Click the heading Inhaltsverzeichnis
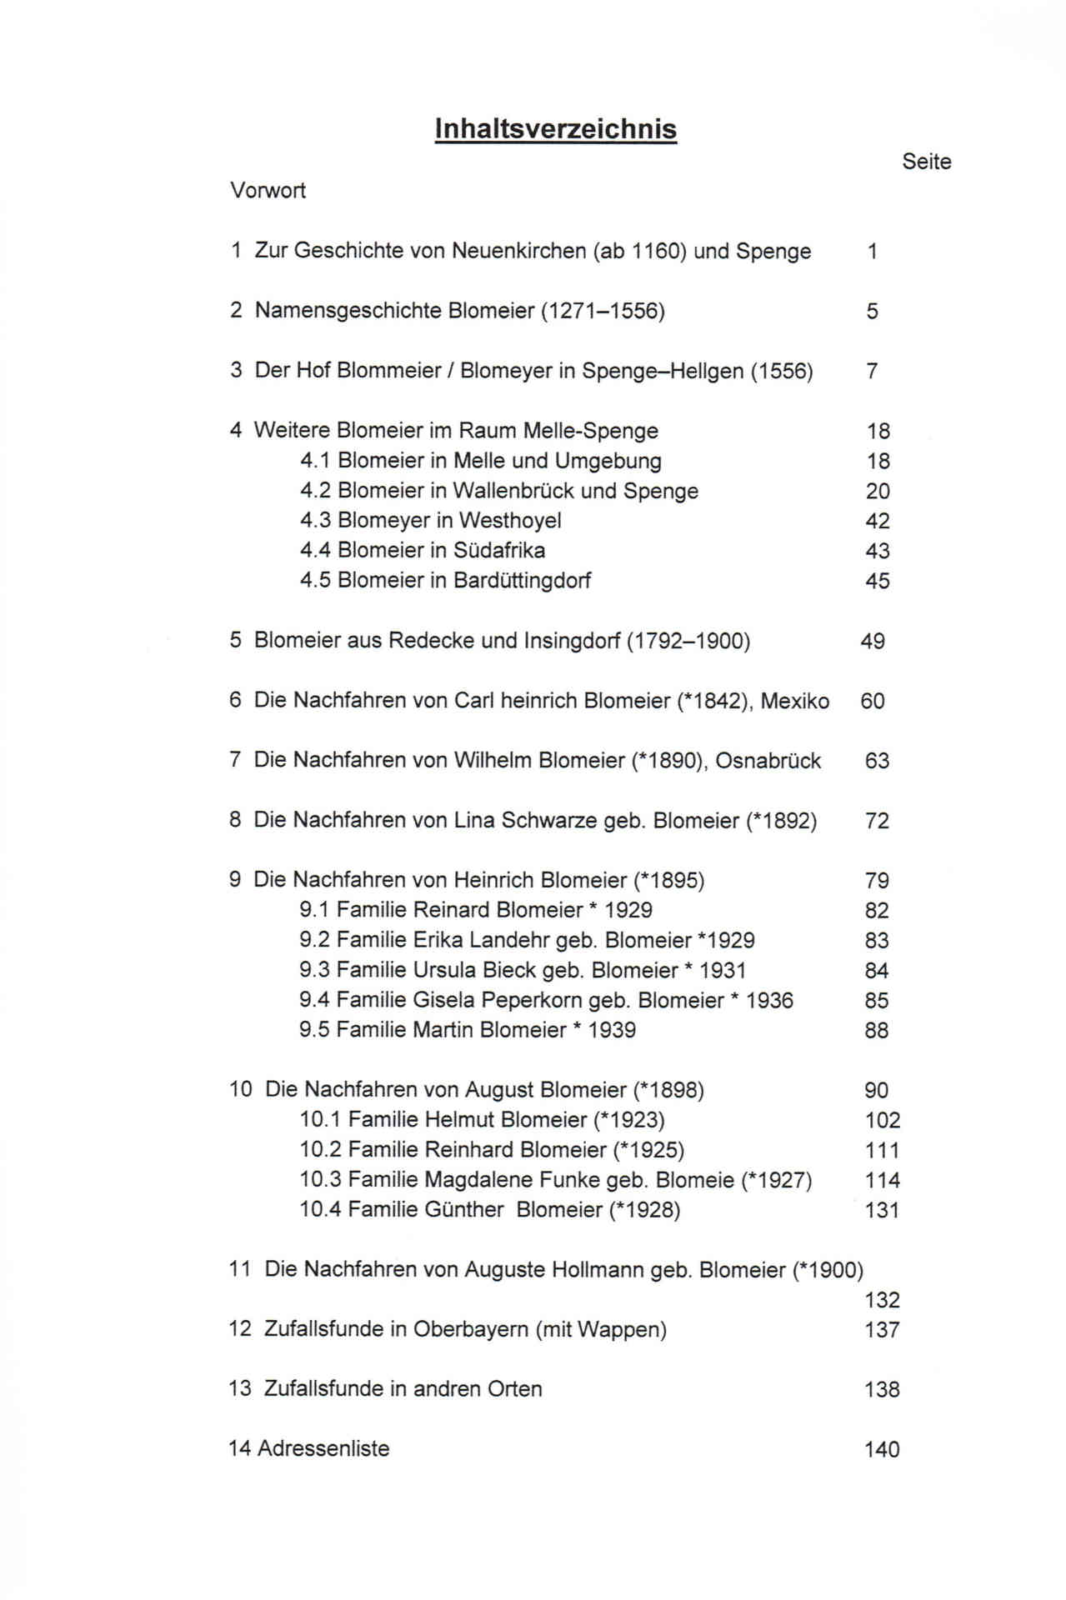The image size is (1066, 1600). (x=555, y=129)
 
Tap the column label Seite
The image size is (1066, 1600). (x=926, y=162)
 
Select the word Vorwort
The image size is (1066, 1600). (x=268, y=191)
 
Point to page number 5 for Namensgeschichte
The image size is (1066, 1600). (x=872, y=312)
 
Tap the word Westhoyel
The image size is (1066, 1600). (x=510, y=521)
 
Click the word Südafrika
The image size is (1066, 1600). (x=499, y=551)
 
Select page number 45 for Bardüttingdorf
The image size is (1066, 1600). (x=877, y=581)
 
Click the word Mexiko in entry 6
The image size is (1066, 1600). (x=794, y=701)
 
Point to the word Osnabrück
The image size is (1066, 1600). (x=768, y=761)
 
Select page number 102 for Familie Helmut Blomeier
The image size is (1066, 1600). (x=882, y=1121)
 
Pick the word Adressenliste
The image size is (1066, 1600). (x=323, y=1449)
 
